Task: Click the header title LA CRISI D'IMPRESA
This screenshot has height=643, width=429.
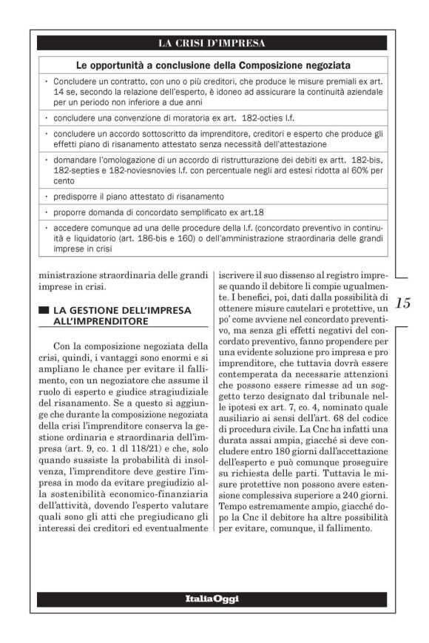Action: [x=214, y=42]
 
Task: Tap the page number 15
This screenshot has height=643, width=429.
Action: [x=403, y=303]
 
